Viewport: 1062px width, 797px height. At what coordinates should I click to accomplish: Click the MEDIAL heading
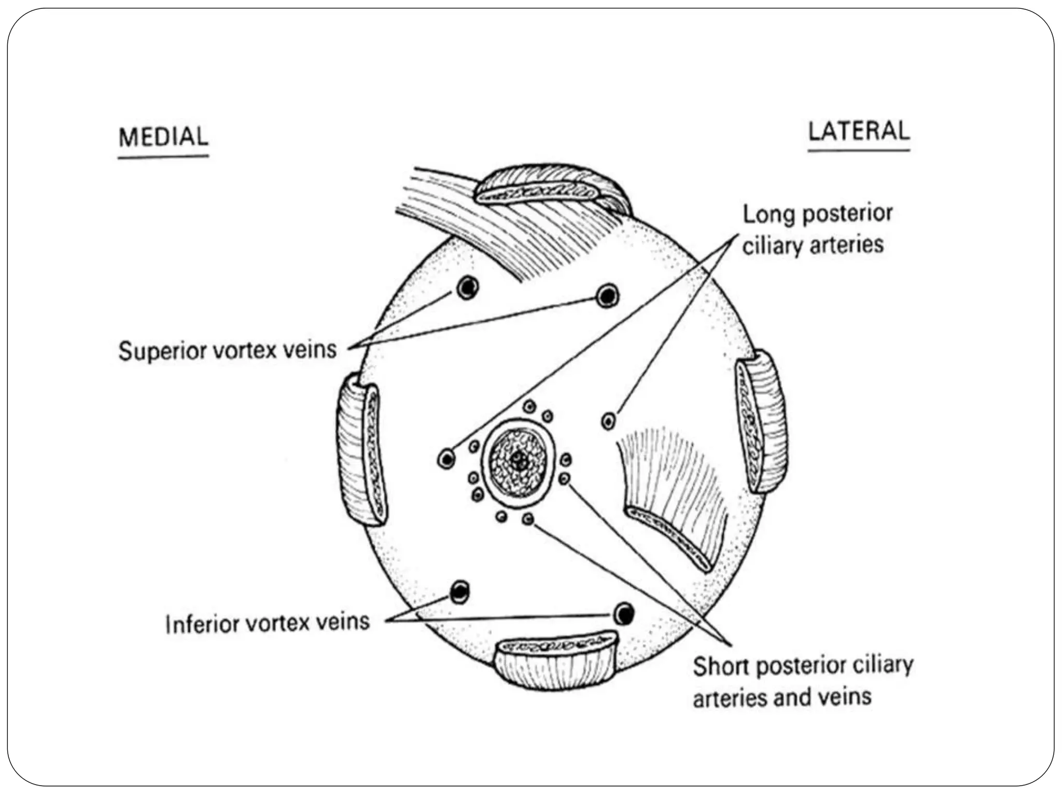click(x=163, y=138)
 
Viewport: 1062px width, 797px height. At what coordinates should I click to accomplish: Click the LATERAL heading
click(x=859, y=131)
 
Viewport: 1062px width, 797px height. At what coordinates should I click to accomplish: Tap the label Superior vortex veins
click(x=228, y=350)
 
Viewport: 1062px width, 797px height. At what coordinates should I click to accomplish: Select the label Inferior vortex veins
click(x=267, y=623)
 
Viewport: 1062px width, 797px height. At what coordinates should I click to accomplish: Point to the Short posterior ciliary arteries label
click(x=802, y=681)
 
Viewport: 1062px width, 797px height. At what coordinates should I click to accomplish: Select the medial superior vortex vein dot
click(x=468, y=287)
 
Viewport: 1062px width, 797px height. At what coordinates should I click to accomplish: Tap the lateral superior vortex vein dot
click(x=607, y=296)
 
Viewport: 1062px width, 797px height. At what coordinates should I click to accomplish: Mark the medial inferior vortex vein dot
click(x=460, y=592)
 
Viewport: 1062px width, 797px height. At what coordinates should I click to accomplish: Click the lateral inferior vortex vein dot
click(x=624, y=614)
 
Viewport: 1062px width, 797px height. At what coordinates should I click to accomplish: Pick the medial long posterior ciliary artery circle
click(x=446, y=459)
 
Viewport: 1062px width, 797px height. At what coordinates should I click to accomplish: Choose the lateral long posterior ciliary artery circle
click(x=609, y=420)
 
